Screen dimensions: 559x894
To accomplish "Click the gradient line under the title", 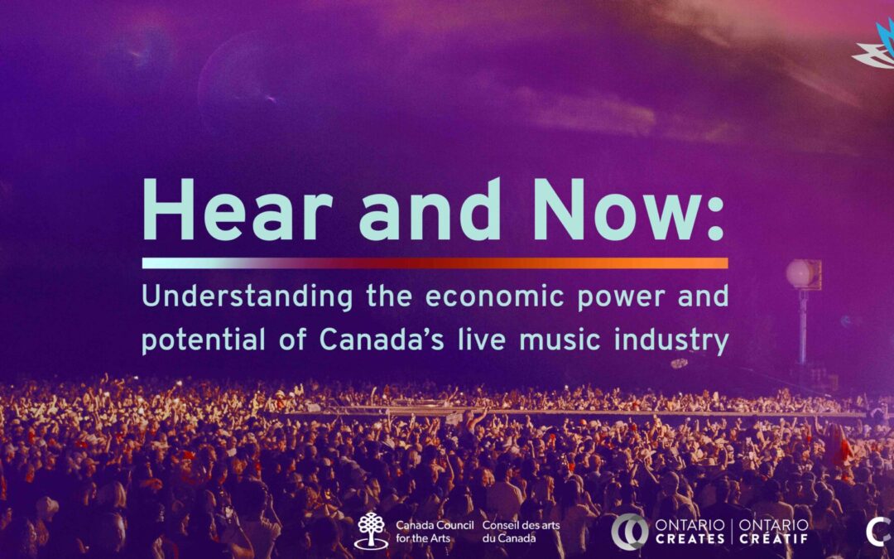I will coord(435,263).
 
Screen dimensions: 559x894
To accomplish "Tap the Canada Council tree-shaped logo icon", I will coord(371,530).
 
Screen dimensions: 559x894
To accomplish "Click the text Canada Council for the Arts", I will coord(434,531).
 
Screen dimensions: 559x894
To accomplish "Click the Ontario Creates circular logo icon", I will coord(630,531).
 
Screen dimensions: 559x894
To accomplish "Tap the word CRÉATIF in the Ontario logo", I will coord(773,539).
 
